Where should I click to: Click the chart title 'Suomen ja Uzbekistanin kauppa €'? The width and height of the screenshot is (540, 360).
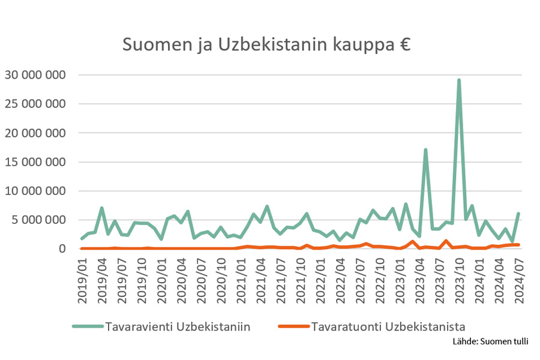point(266,45)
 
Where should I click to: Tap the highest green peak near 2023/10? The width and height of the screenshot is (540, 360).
point(459,80)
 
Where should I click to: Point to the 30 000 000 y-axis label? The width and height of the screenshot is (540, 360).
point(35,75)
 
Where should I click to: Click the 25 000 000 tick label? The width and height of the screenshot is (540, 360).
point(35,104)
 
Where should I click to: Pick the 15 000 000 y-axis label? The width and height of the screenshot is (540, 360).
point(35,162)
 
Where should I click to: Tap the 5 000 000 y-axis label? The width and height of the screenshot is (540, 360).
point(38,220)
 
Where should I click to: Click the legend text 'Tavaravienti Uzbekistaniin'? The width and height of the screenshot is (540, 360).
point(178,326)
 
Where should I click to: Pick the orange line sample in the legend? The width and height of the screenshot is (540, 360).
point(294,326)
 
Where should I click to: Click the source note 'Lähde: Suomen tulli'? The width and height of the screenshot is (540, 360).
point(490,342)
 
